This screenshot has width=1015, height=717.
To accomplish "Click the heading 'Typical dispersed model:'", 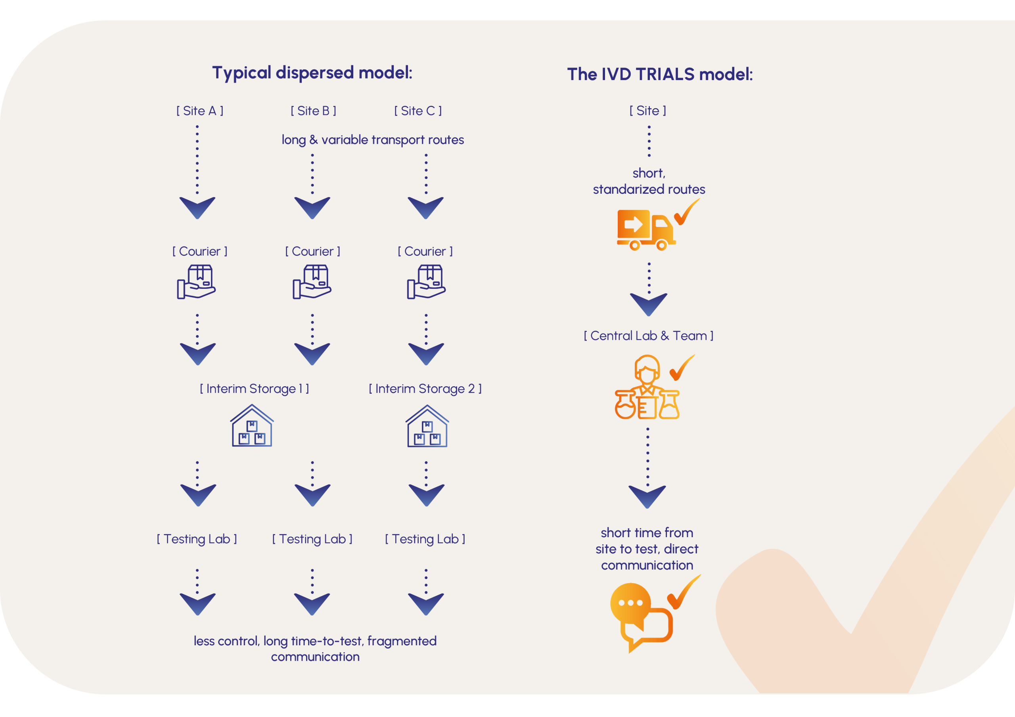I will (312, 73).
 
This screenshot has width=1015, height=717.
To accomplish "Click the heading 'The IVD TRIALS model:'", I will (660, 74).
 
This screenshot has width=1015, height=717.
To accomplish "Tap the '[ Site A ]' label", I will (200, 111).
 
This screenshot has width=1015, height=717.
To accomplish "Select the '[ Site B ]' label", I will (314, 111).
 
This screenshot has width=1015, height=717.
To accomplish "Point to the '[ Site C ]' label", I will (418, 111).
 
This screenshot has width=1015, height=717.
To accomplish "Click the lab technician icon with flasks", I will (647, 388).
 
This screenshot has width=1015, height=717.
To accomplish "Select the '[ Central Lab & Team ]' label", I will (649, 336).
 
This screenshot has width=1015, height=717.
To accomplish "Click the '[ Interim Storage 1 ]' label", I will (254, 389).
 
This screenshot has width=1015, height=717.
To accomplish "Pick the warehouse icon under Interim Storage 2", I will (427, 426).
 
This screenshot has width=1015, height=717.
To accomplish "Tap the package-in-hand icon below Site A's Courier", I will (197, 282).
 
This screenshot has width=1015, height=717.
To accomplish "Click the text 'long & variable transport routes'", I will (373, 140).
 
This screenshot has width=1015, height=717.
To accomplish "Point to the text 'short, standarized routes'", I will (649, 181).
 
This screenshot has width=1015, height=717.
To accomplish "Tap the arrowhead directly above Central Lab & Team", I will (649, 304).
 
